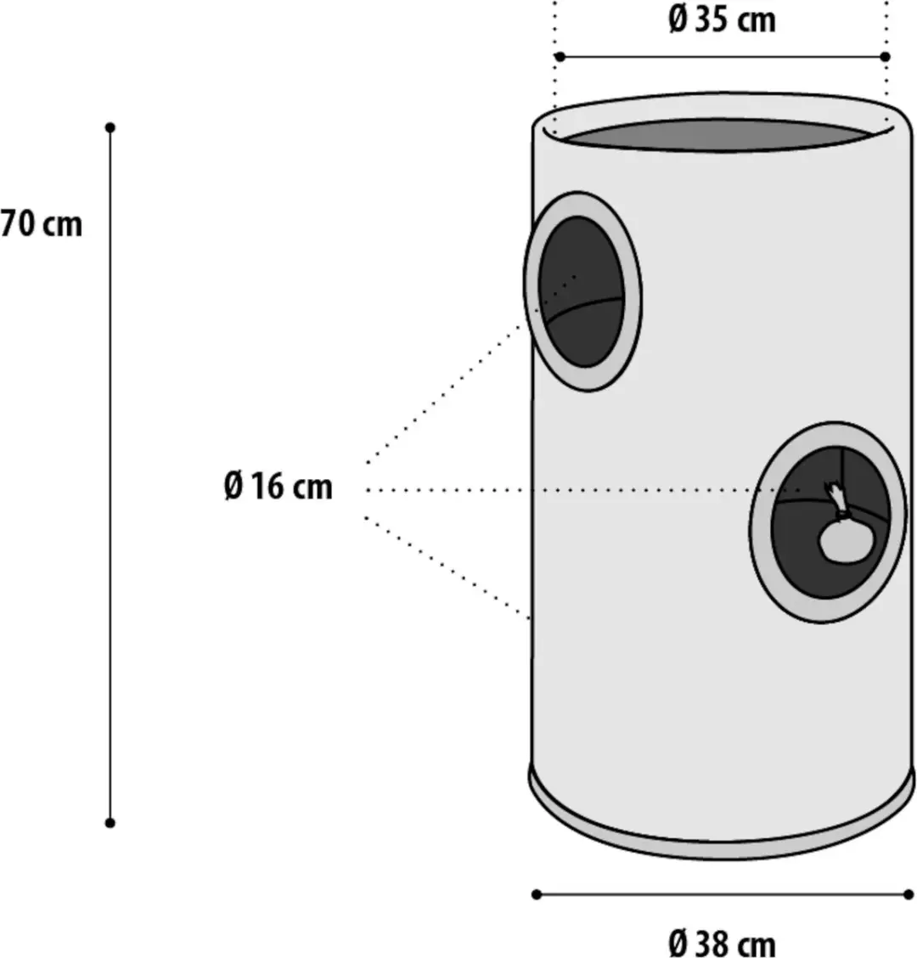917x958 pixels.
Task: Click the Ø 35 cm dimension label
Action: pos(722,20)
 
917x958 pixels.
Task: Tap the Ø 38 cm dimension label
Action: pos(722,944)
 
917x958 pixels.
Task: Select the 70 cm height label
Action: pos(41,223)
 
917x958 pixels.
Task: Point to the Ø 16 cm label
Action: pos(278,487)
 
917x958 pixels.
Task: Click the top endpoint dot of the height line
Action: pos(110,127)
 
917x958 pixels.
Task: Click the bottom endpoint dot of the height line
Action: pos(110,823)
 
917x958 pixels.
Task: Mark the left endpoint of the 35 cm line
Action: pos(560,57)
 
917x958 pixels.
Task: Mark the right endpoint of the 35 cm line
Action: pos(886,57)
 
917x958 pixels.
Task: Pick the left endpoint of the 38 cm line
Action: pos(537,894)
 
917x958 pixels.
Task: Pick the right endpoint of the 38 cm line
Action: pos(909,894)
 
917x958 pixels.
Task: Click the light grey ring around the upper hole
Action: pos(634,293)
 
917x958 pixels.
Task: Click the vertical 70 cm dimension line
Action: pos(110,476)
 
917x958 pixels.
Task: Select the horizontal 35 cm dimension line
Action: pos(722,57)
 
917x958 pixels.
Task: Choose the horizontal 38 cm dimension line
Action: pos(722,894)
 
